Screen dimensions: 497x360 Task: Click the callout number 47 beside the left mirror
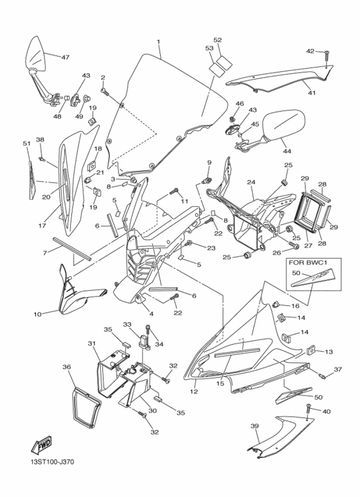pos(65,57)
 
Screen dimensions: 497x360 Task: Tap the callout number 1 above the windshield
pos(158,42)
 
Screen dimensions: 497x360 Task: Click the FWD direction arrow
pos(41,444)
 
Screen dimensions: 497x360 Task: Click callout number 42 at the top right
pos(310,51)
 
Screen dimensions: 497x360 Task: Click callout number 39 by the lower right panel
pos(254,426)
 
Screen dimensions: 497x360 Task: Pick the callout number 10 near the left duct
pos(37,314)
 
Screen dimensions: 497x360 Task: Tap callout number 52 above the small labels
pos(217,40)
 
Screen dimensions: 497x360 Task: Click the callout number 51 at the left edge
pos(27,143)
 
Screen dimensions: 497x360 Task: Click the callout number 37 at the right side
pos(337,370)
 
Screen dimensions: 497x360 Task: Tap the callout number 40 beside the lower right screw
pos(327,411)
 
